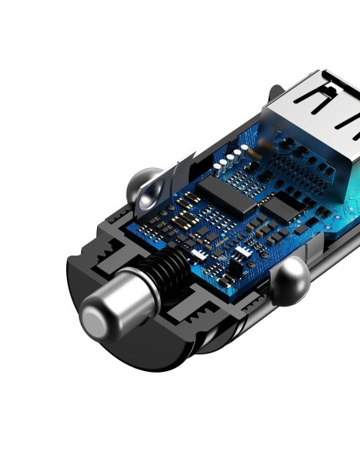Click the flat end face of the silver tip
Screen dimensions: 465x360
pos(96,320)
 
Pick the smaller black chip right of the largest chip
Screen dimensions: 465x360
pos(278,209)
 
